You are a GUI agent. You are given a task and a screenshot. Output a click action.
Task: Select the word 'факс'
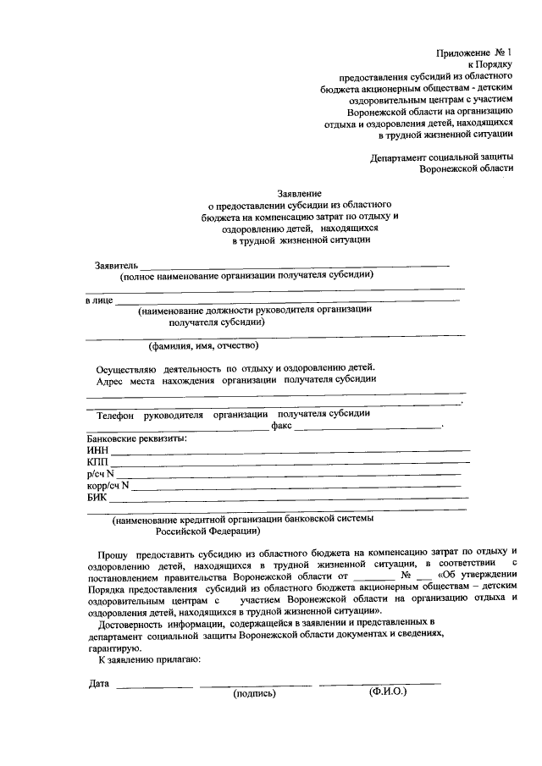(x=282, y=427)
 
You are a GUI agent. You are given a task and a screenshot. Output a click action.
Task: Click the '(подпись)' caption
(x=255, y=692)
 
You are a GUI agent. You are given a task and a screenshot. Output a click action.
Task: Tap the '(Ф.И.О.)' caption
(x=388, y=691)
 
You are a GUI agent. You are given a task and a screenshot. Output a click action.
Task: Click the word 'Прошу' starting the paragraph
(x=110, y=551)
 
